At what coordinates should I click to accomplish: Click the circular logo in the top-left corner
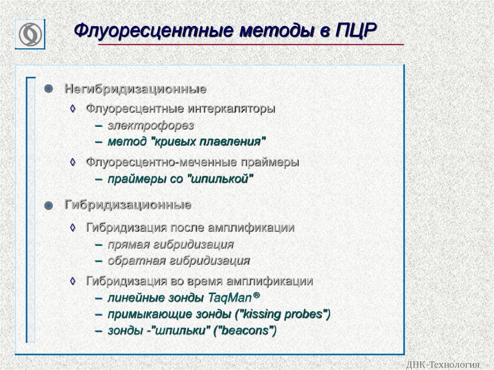pyautogui.click(x=30, y=34)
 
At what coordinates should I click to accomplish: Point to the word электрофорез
pyautogui.click(x=151, y=125)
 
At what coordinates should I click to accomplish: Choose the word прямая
pyautogui.click(x=128, y=245)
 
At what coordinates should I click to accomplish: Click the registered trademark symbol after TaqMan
pyautogui.click(x=256, y=295)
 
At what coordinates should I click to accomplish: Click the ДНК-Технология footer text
pyautogui.click(x=443, y=365)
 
